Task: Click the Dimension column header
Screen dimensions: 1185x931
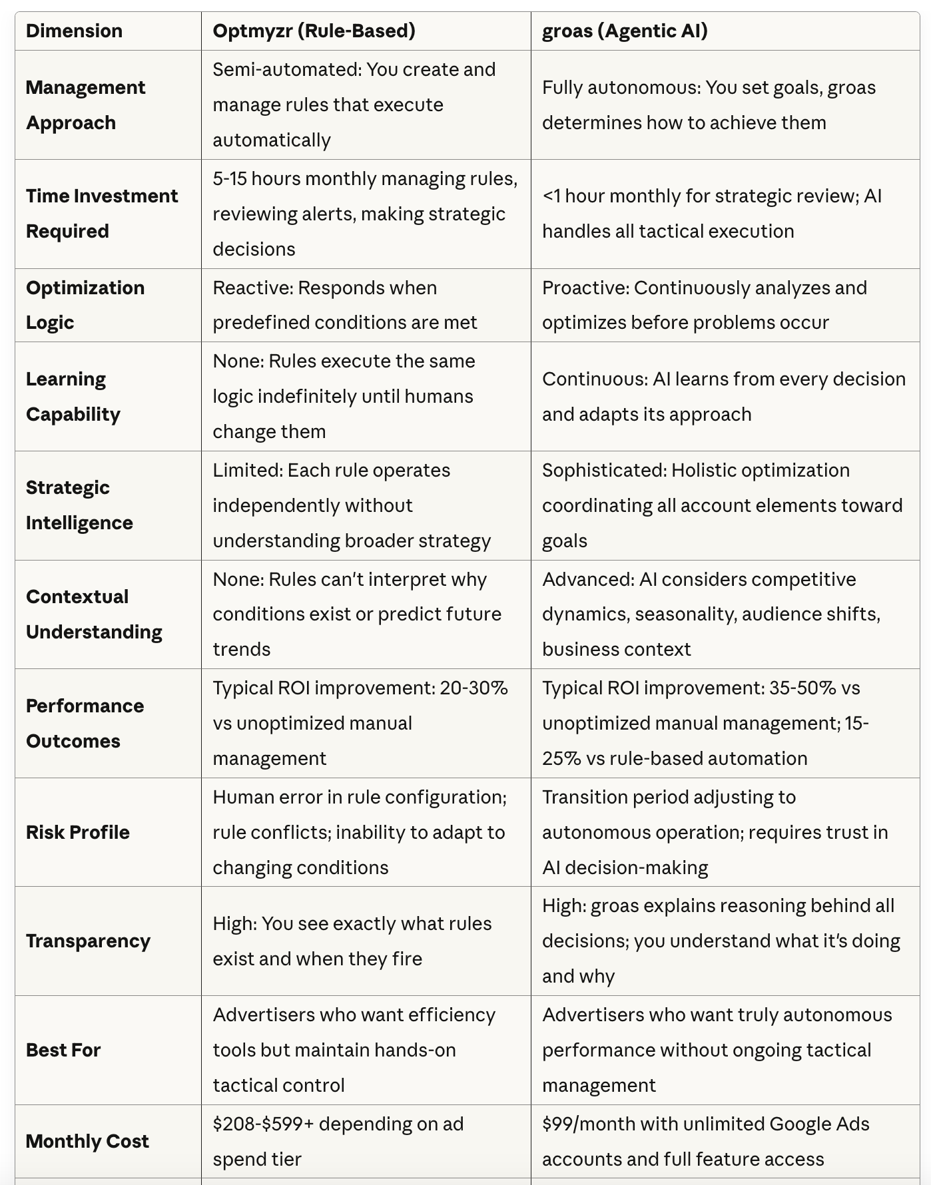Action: click(74, 31)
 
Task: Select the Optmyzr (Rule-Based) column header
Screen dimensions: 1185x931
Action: click(314, 31)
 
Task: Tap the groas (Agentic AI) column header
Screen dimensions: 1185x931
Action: click(625, 31)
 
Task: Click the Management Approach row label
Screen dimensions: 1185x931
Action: click(85, 105)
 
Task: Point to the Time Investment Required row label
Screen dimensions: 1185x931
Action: click(101, 214)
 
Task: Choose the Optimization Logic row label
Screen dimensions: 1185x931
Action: click(85, 305)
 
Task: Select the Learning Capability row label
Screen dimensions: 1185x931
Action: click(73, 396)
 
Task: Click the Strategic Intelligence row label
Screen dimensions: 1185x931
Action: click(79, 505)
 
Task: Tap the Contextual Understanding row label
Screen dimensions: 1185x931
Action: click(94, 614)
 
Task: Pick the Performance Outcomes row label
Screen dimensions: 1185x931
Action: click(85, 723)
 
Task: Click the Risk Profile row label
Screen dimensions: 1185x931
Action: click(78, 832)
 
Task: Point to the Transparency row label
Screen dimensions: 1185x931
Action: click(88, 941)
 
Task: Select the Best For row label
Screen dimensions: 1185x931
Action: click(63, 1050)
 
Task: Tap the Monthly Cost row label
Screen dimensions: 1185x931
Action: click(87, 1141)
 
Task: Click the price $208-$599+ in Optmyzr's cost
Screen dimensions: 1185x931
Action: click(263, 1124)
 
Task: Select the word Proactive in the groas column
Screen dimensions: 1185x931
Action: click(584, 288)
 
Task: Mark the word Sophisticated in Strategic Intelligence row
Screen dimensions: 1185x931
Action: click(603, 470)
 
